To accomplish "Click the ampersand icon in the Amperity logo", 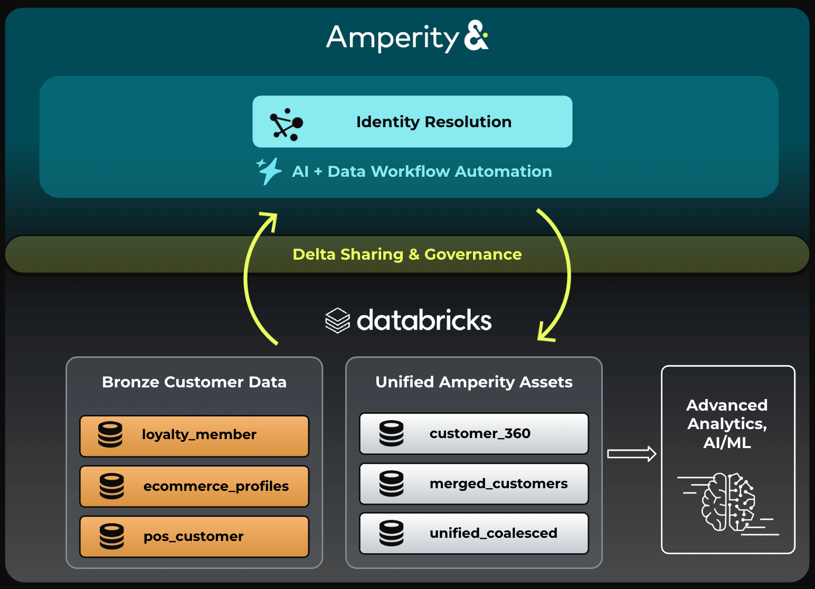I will click(x=476, y=36).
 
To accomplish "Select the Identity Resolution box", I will click(x=412, y=121).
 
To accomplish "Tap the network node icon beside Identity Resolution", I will click(x=287, y=125).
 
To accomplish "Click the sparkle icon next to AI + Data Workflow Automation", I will click(x=269, y=170).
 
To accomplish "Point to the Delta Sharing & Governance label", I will click(x=407, y=254).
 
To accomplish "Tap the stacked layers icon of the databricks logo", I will click(x=337, y=320).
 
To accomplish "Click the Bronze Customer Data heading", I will click(x=194, y=382).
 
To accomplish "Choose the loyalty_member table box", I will click(x=194, y=436).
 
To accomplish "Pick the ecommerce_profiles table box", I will click(x=194, y=486).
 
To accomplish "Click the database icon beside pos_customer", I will click(x=112, y=536).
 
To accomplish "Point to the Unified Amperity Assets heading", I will click(x=473, y=382).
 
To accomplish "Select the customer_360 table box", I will click(x=473, y=434).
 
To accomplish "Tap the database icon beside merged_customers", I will click(x=392, y=483).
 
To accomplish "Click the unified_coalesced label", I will click(x=493, y=534).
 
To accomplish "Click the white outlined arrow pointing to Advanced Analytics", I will click(x=631, y=454).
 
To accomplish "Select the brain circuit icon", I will click(x=728, y=502).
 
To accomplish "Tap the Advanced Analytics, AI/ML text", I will click(x=727, y=424).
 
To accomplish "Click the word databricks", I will click(x=424, y=320).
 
